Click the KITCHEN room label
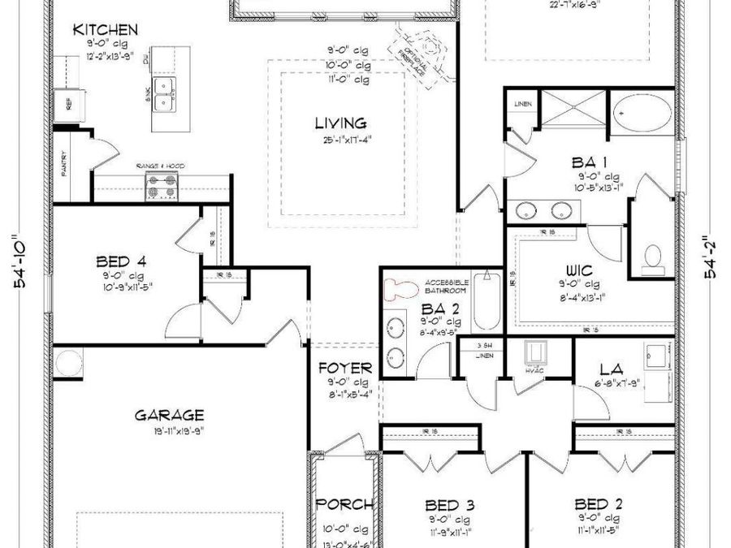[x=106, y=30]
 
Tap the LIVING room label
[x=341, y=123]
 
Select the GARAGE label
[x=169, y=415]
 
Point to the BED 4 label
[x=121, y=261]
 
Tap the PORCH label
[x=344, y=503]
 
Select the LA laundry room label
[x=611, y=369]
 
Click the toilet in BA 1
[x=652, y=257]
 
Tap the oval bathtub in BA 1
[x=641, y=110]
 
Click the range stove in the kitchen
[x=161, y=188]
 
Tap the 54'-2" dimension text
[x=712, y=257]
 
